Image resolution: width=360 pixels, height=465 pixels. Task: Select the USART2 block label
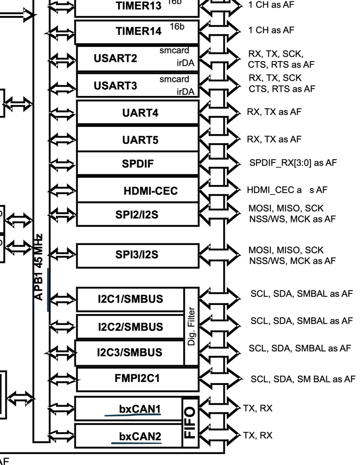tap(115, 58)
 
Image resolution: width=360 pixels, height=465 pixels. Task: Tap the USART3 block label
tap(115, 86)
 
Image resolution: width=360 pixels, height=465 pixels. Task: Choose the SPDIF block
tap(138, 164)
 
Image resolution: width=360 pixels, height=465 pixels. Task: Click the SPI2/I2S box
tap(137, 215)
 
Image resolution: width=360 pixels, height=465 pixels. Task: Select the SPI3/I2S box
tap(137, 254)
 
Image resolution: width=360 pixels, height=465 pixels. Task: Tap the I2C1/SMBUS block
tap(130, 299)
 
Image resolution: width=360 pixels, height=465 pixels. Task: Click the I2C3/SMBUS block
tap(130, 353)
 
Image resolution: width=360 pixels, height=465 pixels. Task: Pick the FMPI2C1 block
tap(137, 379)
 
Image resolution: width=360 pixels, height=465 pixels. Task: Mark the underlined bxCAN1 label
tap(140, 409)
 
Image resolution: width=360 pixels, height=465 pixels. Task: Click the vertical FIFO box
tap(190, 422)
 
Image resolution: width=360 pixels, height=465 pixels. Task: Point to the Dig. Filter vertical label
tap(191, 326)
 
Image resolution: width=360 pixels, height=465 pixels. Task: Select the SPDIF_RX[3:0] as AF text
tap(293, 163)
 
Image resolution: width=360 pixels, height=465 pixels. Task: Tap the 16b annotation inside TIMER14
tap(177, 27)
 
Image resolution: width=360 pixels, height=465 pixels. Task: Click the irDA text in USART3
tap(185, 91)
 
